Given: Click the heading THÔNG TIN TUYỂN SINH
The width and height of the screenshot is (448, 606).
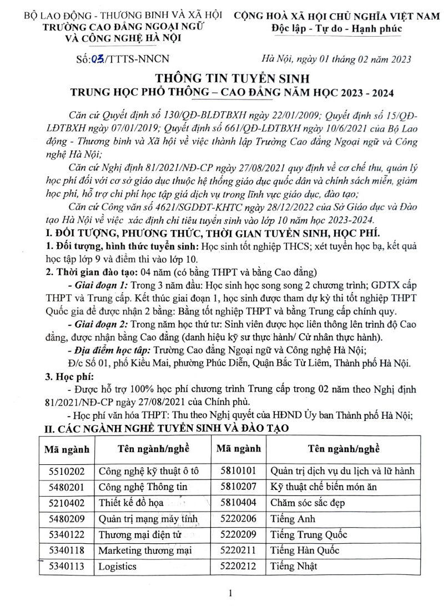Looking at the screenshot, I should (x=224, y=78).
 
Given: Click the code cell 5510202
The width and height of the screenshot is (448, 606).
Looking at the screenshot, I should (x=67, y=472).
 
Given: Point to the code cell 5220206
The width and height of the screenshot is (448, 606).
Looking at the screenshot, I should (x=238, y=519).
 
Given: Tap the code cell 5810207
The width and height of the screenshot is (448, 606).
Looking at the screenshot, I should (x=238, y=487).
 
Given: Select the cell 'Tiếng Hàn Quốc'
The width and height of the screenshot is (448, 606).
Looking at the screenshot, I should (x=305, y=551).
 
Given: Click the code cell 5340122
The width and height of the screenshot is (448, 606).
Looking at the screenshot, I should (x=67, y=535).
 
